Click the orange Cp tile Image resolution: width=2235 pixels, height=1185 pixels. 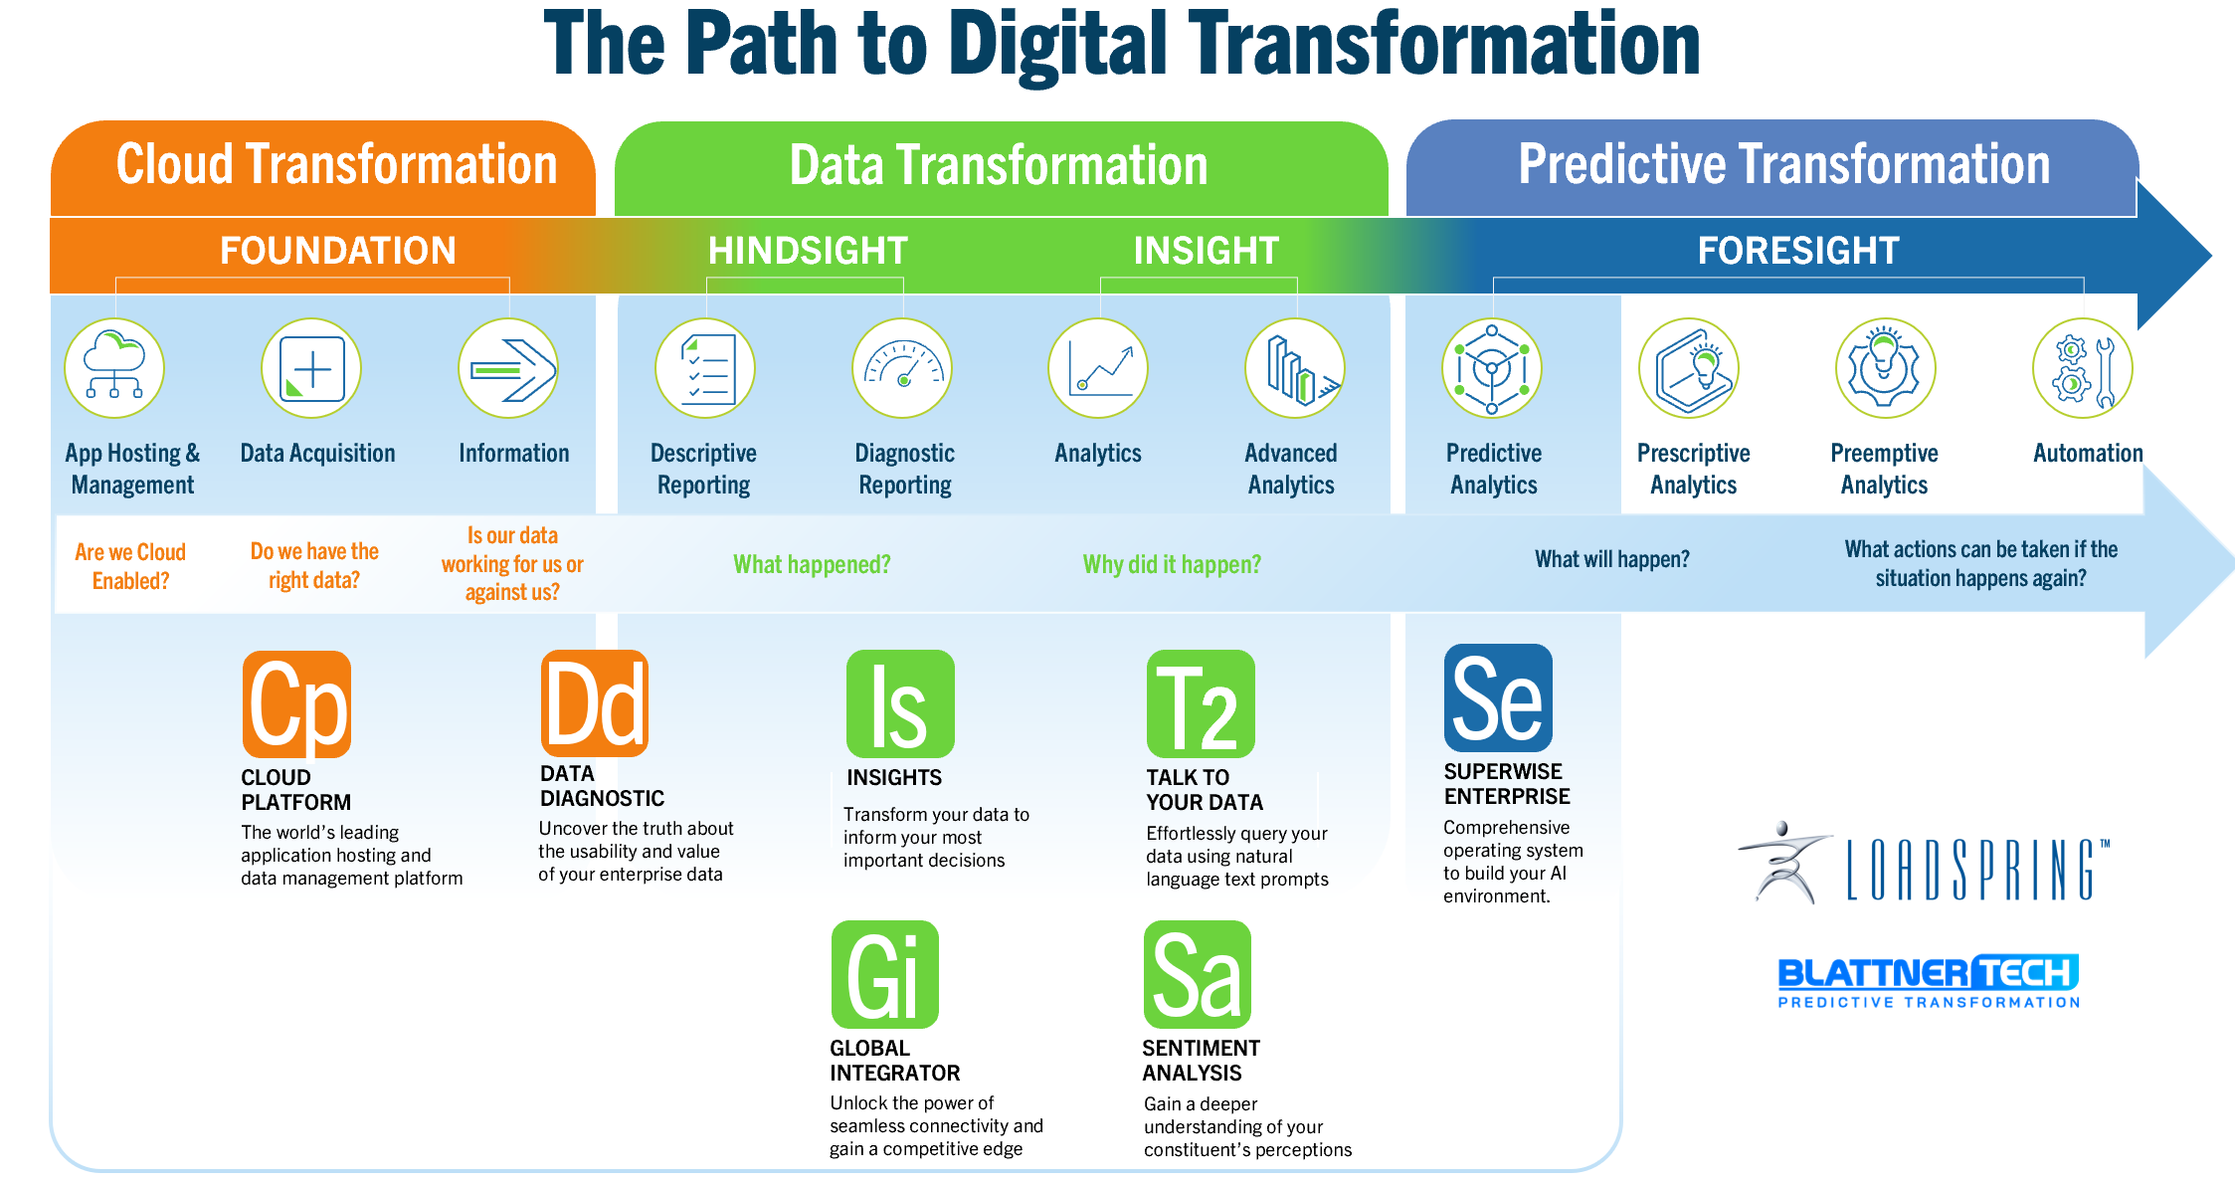[296, 704]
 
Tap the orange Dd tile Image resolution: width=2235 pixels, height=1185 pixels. [595, 703]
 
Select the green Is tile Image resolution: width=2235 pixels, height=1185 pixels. [900, 704]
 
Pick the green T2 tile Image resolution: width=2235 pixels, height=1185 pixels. [1201, 704]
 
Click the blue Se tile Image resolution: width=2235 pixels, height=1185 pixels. [1498, 698]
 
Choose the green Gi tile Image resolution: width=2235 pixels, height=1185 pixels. [885, 975]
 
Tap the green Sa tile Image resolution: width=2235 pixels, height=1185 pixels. [1198, 975]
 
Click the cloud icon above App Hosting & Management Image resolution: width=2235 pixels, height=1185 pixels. [114, 368]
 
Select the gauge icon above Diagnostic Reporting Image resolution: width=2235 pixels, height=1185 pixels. [902, 368]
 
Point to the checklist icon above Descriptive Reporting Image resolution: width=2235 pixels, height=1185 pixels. [705, 368]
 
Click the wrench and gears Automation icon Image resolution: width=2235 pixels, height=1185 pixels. [2083, 368]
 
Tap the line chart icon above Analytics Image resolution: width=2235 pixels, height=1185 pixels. [1098, 368]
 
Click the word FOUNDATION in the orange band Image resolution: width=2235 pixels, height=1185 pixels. [338, 251]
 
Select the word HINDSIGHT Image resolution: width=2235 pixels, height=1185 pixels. [808, 251]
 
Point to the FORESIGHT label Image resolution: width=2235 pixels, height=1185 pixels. [1798, 251]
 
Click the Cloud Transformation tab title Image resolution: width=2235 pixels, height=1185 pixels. [336, 165]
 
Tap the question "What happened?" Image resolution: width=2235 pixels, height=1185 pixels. [812, 565]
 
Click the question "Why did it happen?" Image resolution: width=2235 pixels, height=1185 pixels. [1172, 565]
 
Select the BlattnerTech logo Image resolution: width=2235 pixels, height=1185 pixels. [1928, 981]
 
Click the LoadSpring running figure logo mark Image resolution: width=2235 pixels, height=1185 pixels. [1785, 862]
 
